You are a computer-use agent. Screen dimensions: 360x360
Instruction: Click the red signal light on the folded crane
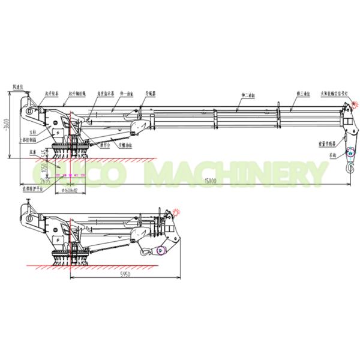[x=177, y=211]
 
